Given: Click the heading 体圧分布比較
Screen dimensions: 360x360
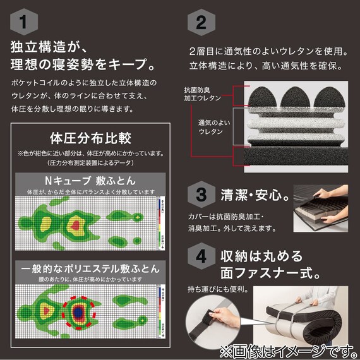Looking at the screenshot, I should (90, 138).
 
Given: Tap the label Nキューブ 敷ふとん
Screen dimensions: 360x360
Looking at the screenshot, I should (90, 180).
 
